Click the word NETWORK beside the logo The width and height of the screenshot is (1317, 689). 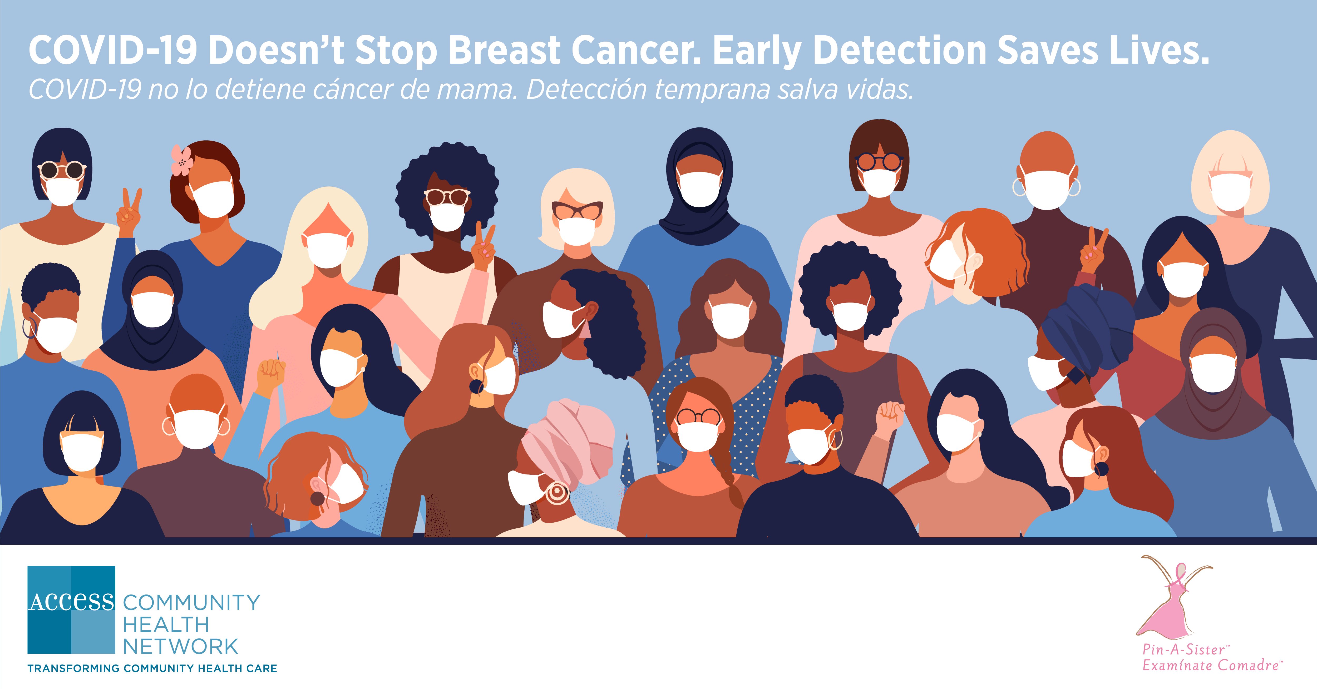pyautogui.click(x=180, y=647)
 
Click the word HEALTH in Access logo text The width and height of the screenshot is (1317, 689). pyautogui.click(x=166, y=624)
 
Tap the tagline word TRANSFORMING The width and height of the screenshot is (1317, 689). pyautogui.click(x=73, y=668)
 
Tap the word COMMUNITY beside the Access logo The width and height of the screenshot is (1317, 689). pyautogui.click(x=192, y=603)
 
